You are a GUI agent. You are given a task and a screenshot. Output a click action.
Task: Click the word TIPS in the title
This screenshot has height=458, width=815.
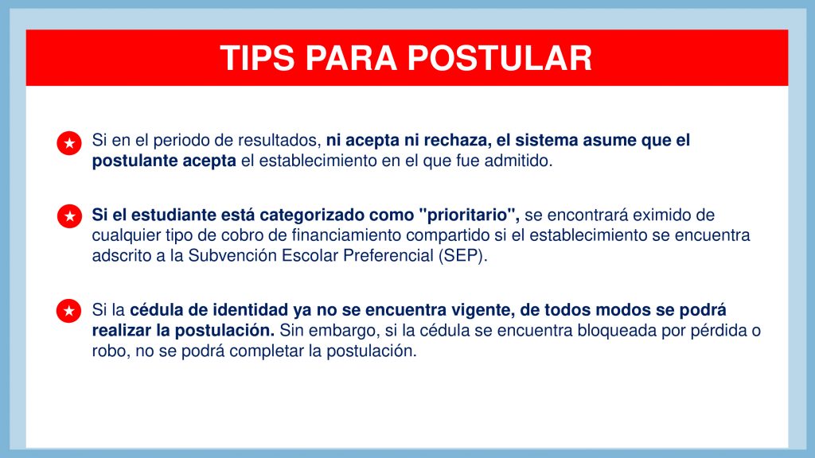[x=257, y=57]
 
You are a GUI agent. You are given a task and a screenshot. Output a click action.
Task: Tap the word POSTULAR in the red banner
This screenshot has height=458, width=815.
[x=500, y=57]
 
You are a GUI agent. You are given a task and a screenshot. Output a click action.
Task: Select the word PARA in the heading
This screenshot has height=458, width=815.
[x=351, y=57]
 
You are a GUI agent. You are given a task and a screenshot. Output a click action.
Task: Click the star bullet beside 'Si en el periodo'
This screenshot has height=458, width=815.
[x=69, y=143]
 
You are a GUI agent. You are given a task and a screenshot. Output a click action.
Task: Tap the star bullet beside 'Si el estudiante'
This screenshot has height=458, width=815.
[x=69, y=216]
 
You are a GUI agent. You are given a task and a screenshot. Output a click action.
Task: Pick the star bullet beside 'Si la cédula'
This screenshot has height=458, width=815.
[x=69, y=311]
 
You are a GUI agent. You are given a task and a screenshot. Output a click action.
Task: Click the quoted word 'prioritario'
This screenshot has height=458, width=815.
[x=470, y=215]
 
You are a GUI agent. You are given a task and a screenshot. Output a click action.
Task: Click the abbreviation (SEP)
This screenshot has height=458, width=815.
[x=462, y=256]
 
